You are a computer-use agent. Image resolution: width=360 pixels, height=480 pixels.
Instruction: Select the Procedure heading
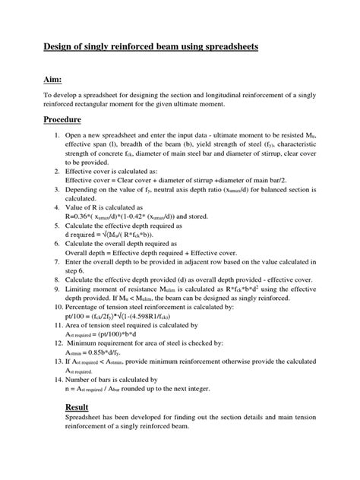(91, 120)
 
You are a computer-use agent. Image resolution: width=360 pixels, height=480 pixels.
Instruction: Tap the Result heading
(84, 408)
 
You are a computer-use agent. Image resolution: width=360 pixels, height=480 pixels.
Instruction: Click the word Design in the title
(82, 47)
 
